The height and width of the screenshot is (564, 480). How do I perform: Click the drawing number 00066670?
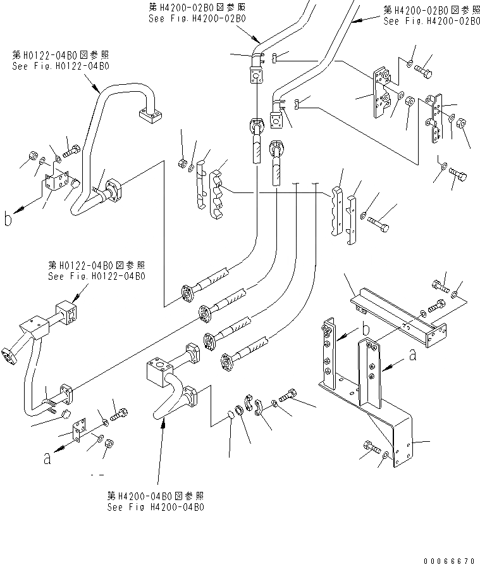coord(449,560)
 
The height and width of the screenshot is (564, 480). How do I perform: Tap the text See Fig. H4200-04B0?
coord(156,507)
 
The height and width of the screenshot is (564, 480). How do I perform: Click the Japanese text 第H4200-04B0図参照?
coord(156,496)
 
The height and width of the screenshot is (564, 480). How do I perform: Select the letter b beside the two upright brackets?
coord(366,329)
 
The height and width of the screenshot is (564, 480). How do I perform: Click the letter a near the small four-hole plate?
coord(47,459)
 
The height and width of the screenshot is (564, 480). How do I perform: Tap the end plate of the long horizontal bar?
coord(436,335)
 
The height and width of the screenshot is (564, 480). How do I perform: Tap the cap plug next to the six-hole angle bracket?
coord(75,184)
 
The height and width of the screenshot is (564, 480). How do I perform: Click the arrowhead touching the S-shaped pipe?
coord(163,423)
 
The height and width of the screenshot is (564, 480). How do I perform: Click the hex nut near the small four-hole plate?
coord(109,444)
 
